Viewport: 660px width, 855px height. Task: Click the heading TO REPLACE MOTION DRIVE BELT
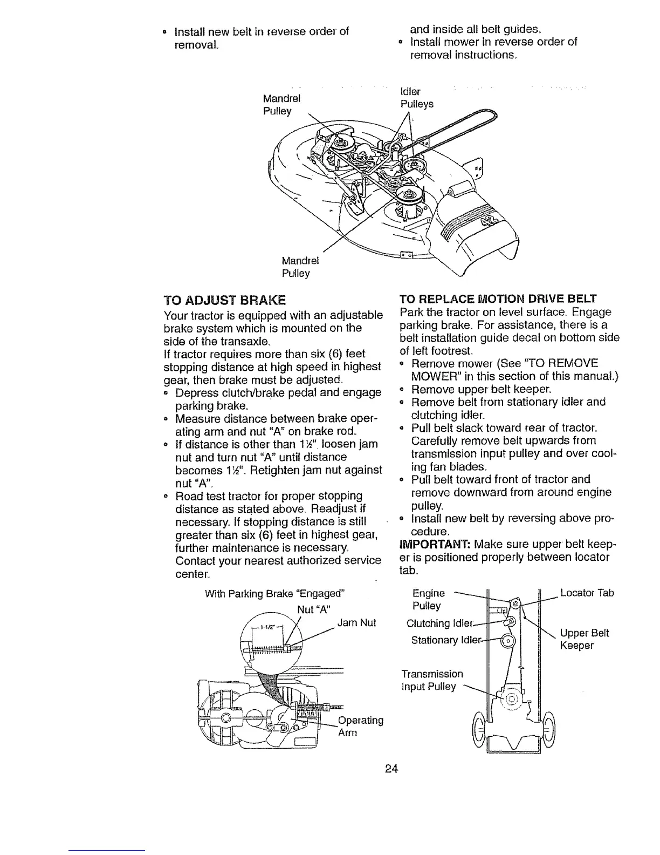coord(497,298)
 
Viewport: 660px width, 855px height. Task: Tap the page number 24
coord(391,769)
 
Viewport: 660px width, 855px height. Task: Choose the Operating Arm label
coord(360,727)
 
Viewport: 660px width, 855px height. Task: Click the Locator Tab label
coord(587,593)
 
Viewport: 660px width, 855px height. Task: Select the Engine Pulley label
coord(428,599)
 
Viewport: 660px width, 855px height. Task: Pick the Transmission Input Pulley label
coord(432,680)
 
